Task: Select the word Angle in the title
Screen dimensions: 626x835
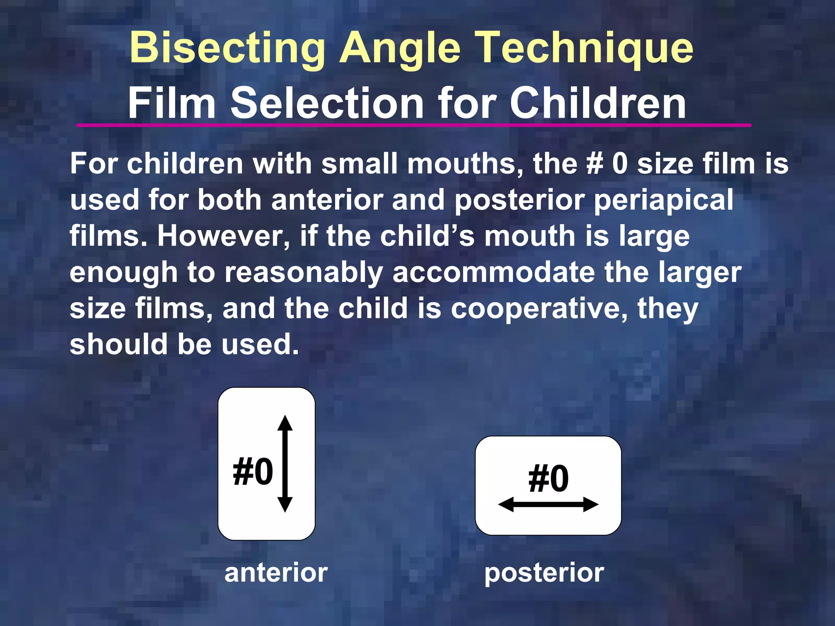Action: point(400,49)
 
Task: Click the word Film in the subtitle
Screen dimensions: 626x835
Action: point(172,104)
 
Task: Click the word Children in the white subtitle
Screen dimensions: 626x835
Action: point(598,104)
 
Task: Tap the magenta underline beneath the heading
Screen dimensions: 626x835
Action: point(413,125)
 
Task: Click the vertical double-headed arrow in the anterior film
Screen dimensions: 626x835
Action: point(285,464)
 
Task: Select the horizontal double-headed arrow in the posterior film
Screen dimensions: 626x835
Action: point(548,505)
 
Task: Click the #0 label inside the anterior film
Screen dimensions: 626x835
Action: point(253,472)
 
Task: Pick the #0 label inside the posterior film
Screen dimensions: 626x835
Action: point(548,478)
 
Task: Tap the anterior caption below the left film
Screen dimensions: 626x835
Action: point(276,573)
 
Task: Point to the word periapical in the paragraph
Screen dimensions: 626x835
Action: point(663,201)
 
